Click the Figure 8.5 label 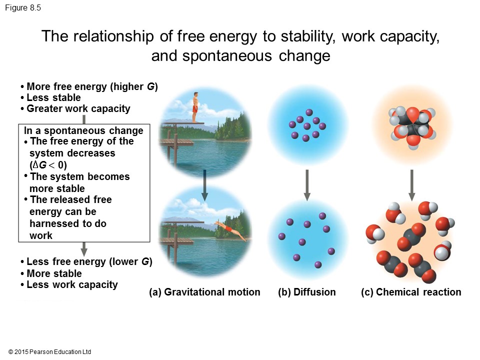pyautogui.click(x=23, y=7)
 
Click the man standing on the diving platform pyautogui.click(x=195, y=107)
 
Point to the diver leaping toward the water pyautogui.click(x=230, y=230)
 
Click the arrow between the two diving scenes pyautogui.click(x=205, y=185)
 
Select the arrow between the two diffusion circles pyautogui.click(x=307, y=185)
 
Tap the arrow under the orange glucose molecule pyautogui.click(x=411, y=185)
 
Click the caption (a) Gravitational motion pyautogui.click(x=204, y=292)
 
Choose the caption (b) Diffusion pyautogui.click(x=306, y=292)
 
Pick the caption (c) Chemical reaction pyautogui.click(x=411, y=292)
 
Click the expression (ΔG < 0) pyautogui.click(x=48, y=165)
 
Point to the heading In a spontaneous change pyautogui.click(x=83, y=130)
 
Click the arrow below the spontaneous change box pyautogui.click(x=84, y=249)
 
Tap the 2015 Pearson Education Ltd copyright pyautogui.click(x=49, y=352)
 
